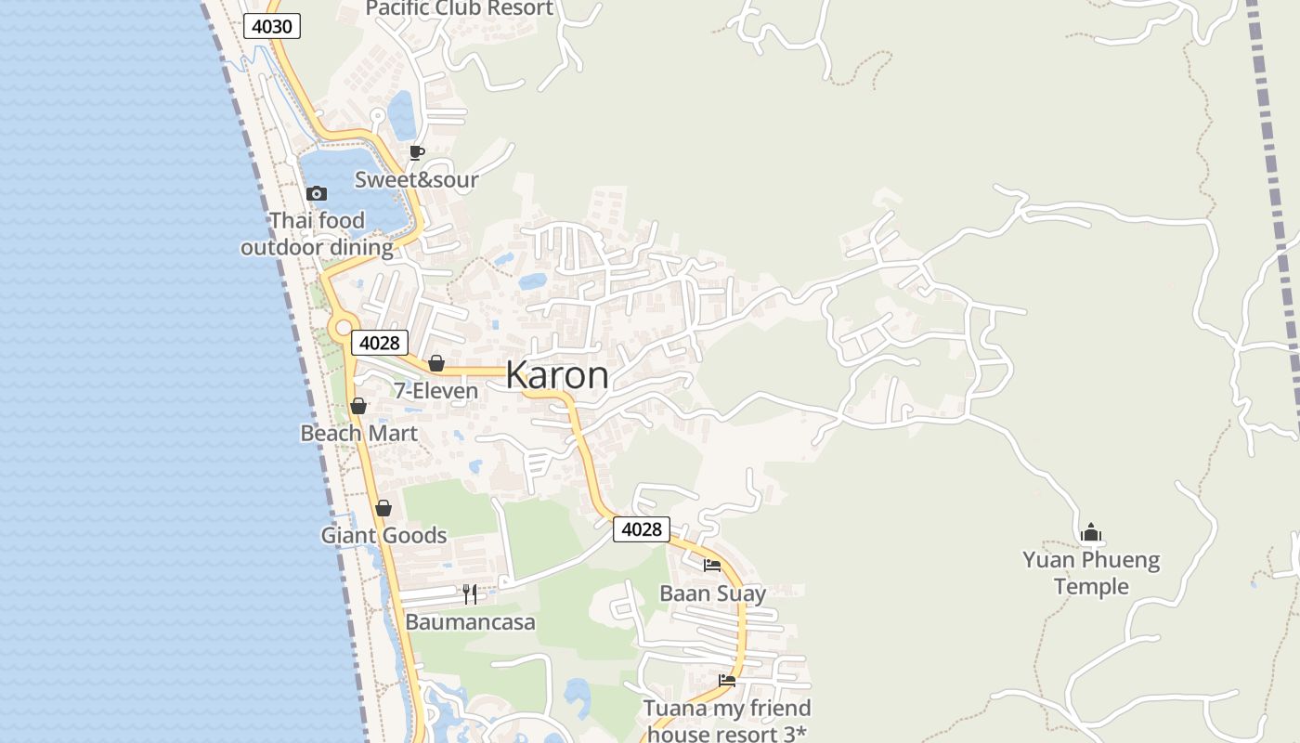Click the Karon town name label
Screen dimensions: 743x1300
(557, 375)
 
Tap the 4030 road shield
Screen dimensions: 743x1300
(272, 26)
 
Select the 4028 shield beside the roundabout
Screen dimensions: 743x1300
(379, 343)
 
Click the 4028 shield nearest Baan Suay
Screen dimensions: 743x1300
(641, 529)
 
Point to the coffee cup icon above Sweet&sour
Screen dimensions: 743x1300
(417, 152)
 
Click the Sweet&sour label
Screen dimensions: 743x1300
(416, 179)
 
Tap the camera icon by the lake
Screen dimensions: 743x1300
(317, 193)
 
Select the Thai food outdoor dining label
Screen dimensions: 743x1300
(317, 234)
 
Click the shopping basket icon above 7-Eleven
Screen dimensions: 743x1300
(435, 363)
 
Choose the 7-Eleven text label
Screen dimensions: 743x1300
(435, 391)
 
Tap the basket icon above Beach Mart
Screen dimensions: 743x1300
(358, 406)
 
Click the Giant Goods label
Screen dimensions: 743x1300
(383, 536)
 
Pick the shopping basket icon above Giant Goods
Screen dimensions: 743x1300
(383, 508)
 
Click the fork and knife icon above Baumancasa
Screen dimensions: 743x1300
(470, 594)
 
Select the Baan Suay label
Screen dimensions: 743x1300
(712, 593)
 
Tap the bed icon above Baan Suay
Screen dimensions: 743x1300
(712, 565)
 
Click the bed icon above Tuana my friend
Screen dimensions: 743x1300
(727, 681)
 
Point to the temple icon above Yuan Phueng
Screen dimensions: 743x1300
(1091, 532)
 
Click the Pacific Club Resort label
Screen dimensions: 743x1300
(459, 9)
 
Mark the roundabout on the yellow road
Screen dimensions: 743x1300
(344, 327)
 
